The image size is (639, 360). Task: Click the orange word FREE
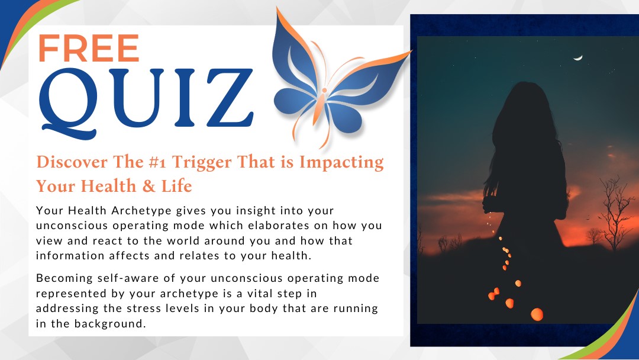click(89, 48)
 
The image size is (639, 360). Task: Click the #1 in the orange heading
click(157, 162)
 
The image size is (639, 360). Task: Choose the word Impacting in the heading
click(341, 163)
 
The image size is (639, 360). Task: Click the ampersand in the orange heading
click(149, 186)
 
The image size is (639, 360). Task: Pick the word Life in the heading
click(176, 186)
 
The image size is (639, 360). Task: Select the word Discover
click(72, 162)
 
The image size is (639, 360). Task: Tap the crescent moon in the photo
click(578, 58)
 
